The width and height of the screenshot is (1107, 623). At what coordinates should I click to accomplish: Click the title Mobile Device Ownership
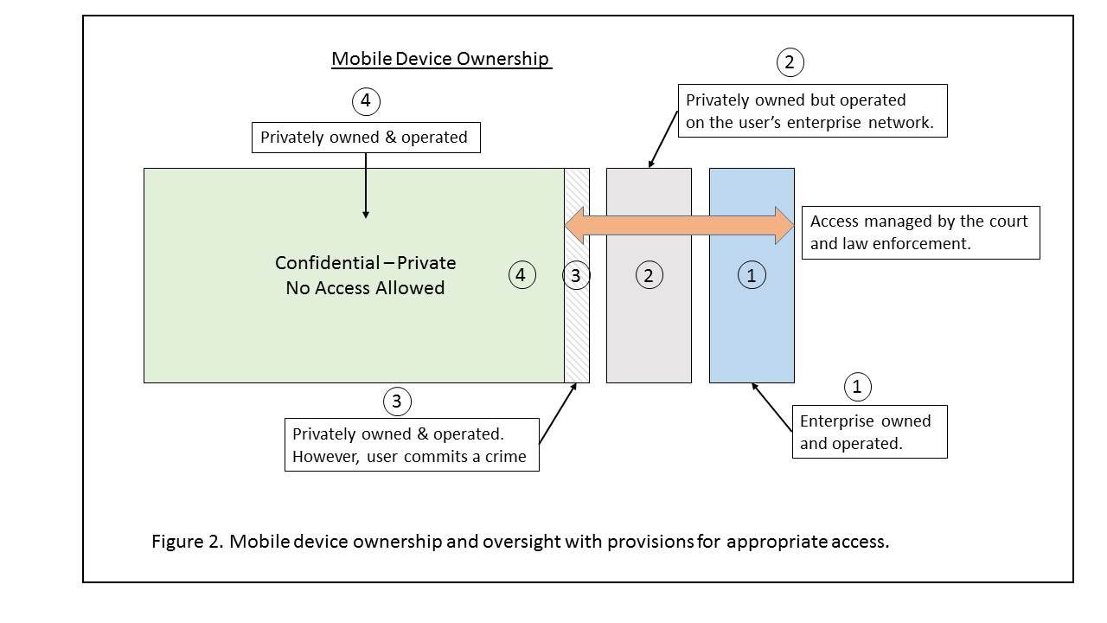(441, 59)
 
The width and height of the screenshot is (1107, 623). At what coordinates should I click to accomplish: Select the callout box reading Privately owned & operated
(365, 138)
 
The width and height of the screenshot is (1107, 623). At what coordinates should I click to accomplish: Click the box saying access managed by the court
(920, 232)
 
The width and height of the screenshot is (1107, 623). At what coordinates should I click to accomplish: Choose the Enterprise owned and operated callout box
(868, 432)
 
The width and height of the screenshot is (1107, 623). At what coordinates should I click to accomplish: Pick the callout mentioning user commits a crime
(411, 445)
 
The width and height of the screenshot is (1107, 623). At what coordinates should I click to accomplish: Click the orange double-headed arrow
(679, 226)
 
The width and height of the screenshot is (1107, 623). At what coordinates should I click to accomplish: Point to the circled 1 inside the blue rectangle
(751, 275)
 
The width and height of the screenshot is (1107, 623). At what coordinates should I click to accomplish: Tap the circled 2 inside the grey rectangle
(649, 275)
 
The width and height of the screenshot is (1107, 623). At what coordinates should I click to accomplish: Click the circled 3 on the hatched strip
(576, 275)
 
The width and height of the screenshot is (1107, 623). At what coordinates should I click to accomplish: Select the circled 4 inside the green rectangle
(521, 275)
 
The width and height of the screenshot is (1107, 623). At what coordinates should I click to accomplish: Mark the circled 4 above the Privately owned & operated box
(366, 101)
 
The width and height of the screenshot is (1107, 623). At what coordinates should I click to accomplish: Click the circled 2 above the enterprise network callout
(789, 62)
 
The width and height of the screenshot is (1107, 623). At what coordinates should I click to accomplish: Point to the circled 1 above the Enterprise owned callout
(857, 386)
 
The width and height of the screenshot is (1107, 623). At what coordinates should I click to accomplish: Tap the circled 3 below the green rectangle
(396, 401)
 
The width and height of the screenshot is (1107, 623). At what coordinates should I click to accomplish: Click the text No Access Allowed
(365, 288)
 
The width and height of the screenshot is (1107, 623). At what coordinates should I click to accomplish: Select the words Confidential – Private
(365, 263)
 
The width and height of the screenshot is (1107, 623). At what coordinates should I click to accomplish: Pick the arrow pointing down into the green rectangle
(366, 186)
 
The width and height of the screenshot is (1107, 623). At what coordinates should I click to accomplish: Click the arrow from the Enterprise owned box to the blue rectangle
(771, 407)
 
